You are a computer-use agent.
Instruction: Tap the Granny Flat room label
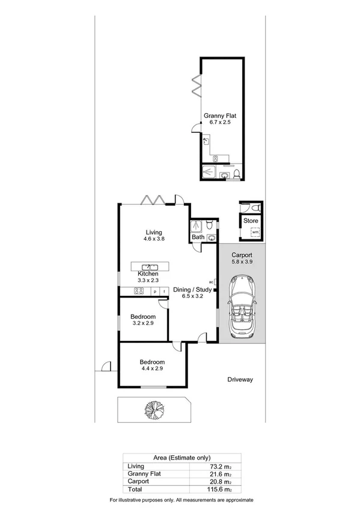click(216, 115)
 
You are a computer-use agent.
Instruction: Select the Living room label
click(154, 232)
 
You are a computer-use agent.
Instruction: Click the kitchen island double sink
click(150, 266)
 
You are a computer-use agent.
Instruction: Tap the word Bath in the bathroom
click(198, 238)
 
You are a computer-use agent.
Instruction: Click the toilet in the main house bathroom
click(209, 226)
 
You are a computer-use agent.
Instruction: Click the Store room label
click(251, 221)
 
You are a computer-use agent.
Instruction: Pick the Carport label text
click(242, 254)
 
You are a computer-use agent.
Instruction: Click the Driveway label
click(242, 379)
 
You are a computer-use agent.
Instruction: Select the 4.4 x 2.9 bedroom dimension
click(152, 369)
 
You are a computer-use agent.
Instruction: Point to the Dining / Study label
click(192, 289)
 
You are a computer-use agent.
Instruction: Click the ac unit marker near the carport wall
click(212, 281)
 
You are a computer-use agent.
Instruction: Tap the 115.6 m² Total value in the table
click(201, 490)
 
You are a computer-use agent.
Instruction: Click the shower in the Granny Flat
click(209, 171)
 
